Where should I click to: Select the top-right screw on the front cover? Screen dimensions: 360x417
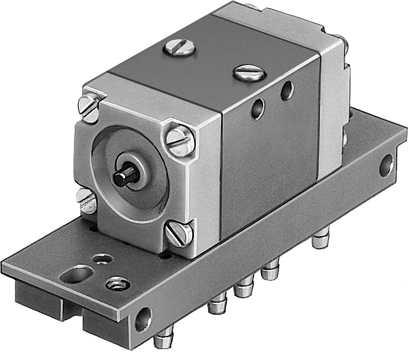(x=180, y=140)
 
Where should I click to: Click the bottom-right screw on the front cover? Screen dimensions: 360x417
(x=179, y=234)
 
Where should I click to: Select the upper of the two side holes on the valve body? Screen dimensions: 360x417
(x=285, y=91)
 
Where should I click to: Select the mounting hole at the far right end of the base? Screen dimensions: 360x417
(x=386, y=165)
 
